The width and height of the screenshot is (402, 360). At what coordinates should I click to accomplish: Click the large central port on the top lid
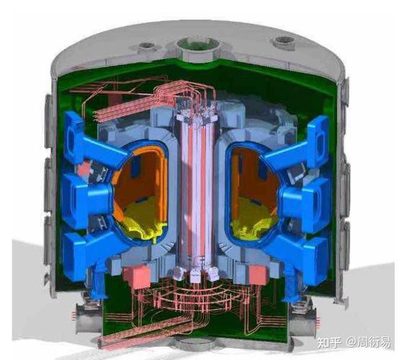pyautogui.click(x=197, y=49)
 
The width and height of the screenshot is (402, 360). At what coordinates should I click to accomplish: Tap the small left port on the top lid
pyautogui.click(x=147, y=47)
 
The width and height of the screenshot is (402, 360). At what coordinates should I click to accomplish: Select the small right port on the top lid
pyautogui.click(x=283, y=42)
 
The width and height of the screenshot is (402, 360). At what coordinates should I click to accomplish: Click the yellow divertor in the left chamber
pyautogui.click(x=143, y=223)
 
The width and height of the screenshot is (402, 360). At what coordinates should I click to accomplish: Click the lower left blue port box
pyautogui.click(x=90, y=253)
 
